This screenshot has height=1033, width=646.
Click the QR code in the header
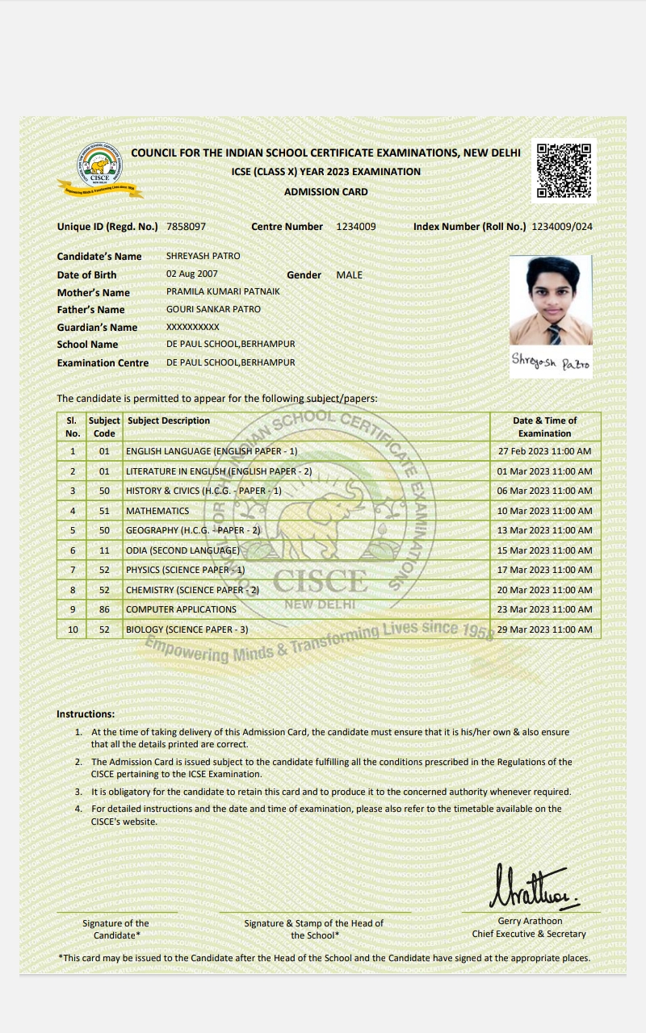[x=564, y=170]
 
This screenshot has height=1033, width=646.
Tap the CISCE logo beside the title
[x=100, y=169]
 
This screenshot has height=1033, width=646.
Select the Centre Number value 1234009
[x=356, y=227]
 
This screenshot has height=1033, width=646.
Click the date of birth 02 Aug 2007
[x=192, y=274]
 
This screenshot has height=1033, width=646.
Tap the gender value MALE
[x=350, y=275]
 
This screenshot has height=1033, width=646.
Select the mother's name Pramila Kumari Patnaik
[x=223, y=291]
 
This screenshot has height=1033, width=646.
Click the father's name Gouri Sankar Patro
[x=213, y=309]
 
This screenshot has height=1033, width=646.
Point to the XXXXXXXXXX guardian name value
[x=192, y=327]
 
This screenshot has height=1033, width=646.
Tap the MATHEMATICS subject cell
[x=157, y=511]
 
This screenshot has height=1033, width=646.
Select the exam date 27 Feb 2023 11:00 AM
[x=545, y=451]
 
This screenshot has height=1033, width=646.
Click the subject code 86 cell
[x=104, y=609]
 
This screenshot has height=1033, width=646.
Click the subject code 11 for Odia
[x=104, y=550]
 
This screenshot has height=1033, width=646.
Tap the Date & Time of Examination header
[x=545, y=426]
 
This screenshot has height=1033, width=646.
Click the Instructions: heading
[x=86, y=714]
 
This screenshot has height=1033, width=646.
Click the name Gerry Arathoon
[x=530, y=921]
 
